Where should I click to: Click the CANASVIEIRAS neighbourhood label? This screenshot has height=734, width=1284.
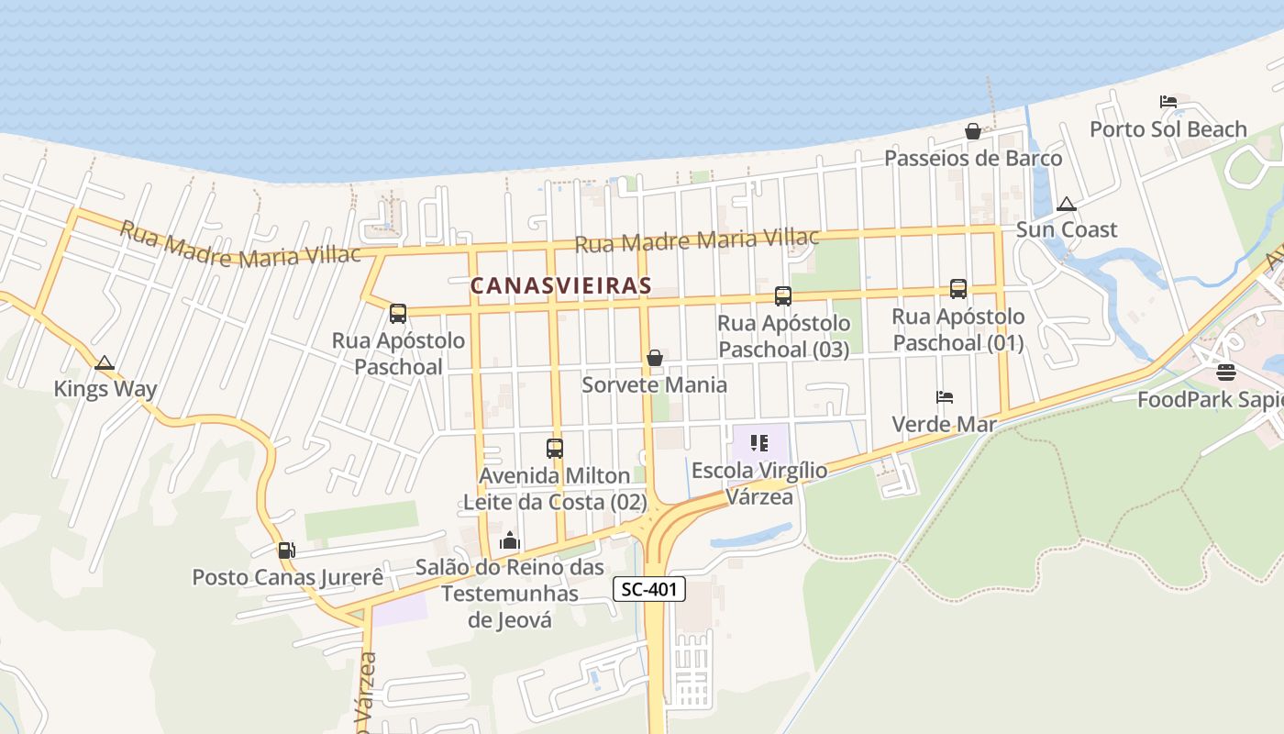coord(560,285)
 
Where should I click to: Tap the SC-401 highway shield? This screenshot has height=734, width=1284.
coord(649,590)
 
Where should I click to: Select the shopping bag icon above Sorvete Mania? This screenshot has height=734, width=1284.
coord(655,358)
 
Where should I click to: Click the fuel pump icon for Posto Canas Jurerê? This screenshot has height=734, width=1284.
coord(286,550)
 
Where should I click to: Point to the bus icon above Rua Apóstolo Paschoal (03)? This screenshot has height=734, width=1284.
coord(783,295)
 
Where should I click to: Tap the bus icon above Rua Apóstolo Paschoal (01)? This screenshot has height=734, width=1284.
coord(958,289)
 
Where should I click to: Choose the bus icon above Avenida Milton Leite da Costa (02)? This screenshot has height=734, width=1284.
coord(555,449)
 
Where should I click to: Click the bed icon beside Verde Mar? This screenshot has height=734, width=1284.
coord(945,397)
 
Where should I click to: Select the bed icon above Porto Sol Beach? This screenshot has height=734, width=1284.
coord(1168,102)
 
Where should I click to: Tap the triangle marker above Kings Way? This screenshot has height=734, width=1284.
coord(105,363)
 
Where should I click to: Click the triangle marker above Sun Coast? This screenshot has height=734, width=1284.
coord(1066,204)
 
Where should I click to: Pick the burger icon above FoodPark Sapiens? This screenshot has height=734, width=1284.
coord(1226,373)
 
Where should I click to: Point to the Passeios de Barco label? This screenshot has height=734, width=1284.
coord(973,159)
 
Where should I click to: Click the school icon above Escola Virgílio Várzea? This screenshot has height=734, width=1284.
coord(759,444)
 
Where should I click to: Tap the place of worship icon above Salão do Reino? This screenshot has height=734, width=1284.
coord(510,541)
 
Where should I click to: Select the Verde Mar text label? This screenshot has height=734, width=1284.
coord(945,424)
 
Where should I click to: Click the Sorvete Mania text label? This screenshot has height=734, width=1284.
coord(655,384)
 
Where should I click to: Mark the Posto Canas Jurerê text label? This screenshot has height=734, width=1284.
coord(287,577)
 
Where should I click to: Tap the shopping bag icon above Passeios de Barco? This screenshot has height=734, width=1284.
coord(973,132)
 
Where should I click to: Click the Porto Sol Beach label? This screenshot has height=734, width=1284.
coord(1168,129)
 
